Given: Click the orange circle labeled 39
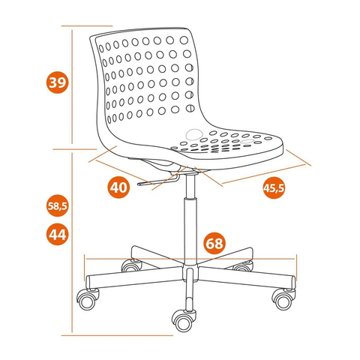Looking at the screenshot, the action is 57,82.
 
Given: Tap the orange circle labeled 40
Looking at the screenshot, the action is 118,187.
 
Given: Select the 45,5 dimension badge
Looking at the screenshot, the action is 274,187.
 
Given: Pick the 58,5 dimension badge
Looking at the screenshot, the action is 58,205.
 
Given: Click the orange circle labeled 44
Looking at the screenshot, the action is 58,234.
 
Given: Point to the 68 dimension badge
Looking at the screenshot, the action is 214,243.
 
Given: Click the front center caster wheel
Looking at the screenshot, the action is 184,321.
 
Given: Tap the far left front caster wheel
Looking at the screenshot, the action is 88,299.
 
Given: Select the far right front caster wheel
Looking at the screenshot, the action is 283,299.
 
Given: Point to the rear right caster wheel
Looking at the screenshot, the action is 243,266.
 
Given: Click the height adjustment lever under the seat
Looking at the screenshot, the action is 157,181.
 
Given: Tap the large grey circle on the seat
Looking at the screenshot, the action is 194,134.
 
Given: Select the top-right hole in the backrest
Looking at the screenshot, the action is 184,40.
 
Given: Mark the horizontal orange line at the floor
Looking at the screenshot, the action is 117,335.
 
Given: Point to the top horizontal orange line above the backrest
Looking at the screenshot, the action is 87,25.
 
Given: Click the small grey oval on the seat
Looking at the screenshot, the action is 247,142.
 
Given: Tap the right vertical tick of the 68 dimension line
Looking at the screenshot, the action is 296,268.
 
